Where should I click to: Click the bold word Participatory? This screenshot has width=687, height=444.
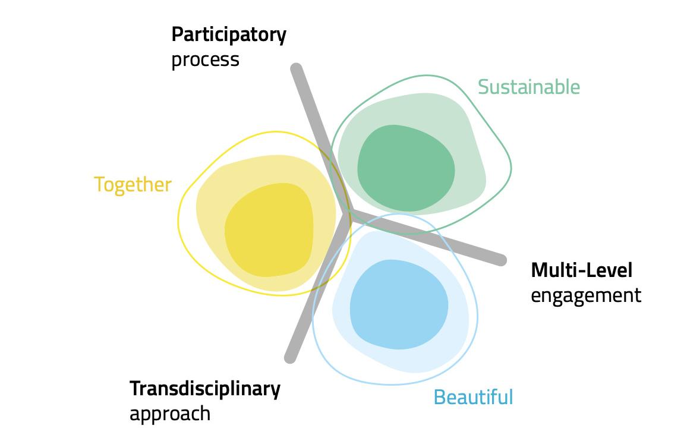(228, 35)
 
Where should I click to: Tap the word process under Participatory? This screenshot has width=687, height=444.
(205, 60)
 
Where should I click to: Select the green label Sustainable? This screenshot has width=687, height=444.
(528, 87)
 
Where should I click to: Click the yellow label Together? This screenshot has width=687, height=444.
(133, 185)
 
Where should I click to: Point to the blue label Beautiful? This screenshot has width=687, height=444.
(473, 396)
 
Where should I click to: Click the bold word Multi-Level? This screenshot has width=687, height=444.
(581, 270)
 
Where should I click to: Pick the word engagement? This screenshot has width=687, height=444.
(585, 295)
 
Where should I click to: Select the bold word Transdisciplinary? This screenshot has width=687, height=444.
(204, 389)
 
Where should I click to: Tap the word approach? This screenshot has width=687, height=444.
(170, 414)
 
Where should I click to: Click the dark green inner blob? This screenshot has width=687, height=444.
(406, 168)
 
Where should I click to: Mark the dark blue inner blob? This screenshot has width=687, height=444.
(398, 305)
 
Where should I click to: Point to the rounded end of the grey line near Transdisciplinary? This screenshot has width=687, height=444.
(291, 357)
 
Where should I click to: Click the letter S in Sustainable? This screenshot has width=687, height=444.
(483, 87)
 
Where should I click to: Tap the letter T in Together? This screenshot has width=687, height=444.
(99, 185)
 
